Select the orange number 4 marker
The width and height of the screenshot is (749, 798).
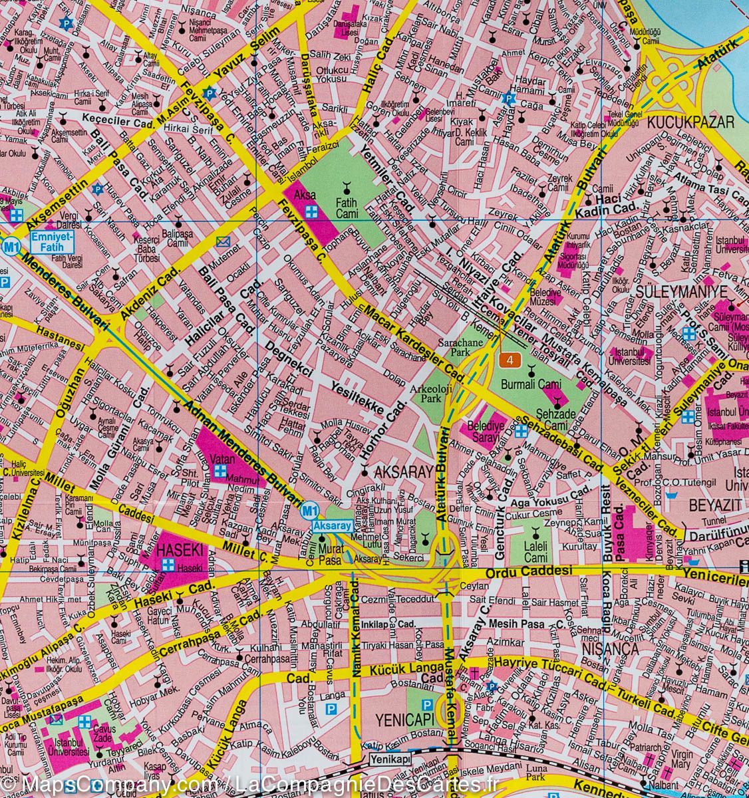(510, 360)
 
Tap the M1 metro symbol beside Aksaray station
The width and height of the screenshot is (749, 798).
(307, 511)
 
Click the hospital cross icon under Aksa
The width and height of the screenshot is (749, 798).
(310, 211)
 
